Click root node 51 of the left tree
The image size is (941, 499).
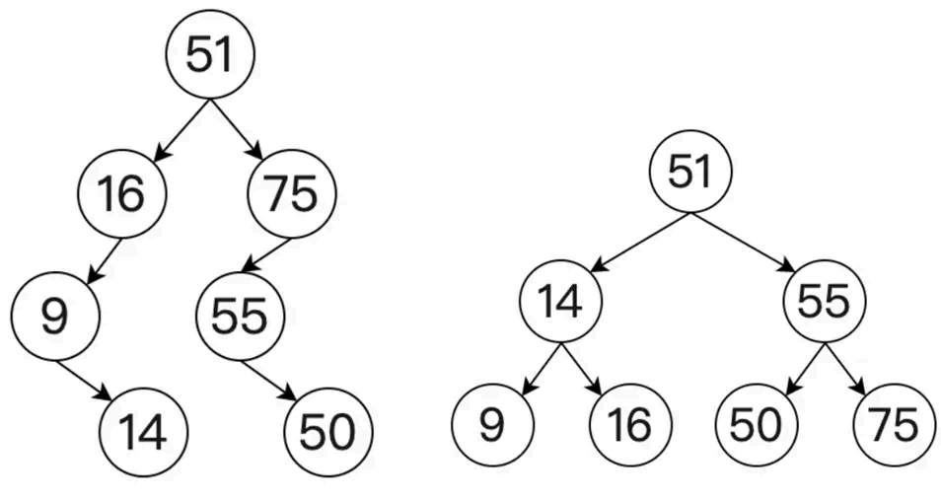pyautogui.click(x=211, y=56)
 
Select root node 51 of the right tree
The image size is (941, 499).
pyautogui.click(x=690, y=171)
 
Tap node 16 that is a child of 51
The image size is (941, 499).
pyautogui.click(x=120, y=194)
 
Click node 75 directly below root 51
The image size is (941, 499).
pyautogui.click(x=293, y=194)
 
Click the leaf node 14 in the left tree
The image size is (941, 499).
pyautogui.click(x=144, y=432)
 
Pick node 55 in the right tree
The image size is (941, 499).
pyautogui.click(x=825, y=301)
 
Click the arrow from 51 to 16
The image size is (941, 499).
pyautogui.click(x=181, y=129)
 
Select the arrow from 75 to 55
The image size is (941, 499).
pyautogui.click(x=266, y=253)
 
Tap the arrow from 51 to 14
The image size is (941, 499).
pyautogui.click(x=640, y=240)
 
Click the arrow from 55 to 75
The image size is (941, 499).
pyautogui.click(x=846, y=368)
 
